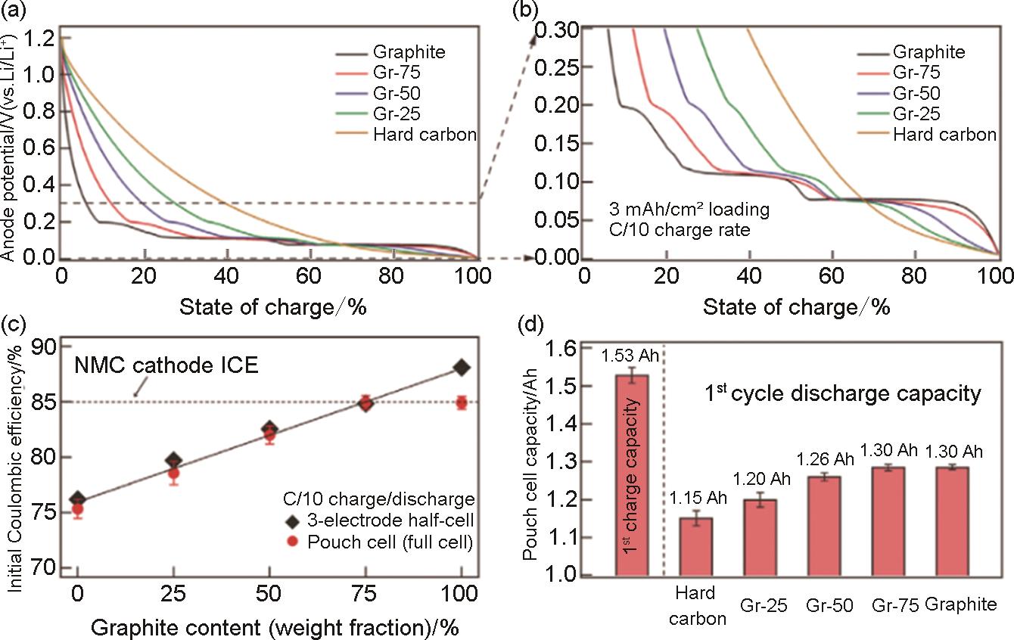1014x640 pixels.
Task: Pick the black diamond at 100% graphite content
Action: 462,368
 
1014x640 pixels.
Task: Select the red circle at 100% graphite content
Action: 462,402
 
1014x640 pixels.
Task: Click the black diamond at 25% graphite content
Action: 173,460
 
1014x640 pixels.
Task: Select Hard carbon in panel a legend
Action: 425,135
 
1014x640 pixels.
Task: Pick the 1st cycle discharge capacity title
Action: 840,394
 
